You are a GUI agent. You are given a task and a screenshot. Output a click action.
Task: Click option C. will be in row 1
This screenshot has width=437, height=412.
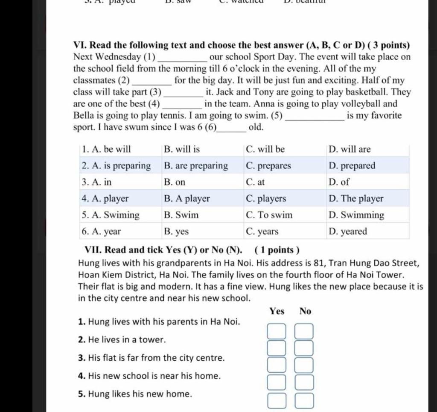tap(265, 150)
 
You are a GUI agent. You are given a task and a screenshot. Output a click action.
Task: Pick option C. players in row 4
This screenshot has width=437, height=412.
tap(266, 199)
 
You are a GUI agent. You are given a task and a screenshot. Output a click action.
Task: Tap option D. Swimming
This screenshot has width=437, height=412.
tap(356, 215)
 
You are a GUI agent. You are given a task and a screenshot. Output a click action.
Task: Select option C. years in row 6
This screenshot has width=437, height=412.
tap(262, 232)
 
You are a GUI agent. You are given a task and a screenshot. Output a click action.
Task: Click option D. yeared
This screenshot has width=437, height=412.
tap(348, 232)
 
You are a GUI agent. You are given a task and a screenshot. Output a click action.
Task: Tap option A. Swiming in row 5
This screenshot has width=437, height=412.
tap(111, 215)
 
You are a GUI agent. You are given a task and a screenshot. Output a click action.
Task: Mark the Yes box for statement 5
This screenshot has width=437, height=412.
tap(276, 401)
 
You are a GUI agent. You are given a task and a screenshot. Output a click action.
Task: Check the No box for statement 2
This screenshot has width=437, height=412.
tap(304, 348)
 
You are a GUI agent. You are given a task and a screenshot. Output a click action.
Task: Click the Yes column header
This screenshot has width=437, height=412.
tap(277, 311)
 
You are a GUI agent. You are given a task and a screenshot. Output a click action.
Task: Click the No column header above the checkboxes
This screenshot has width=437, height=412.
tap(305, 311)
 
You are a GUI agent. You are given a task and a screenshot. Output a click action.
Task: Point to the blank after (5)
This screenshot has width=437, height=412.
tap(315, 116)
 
